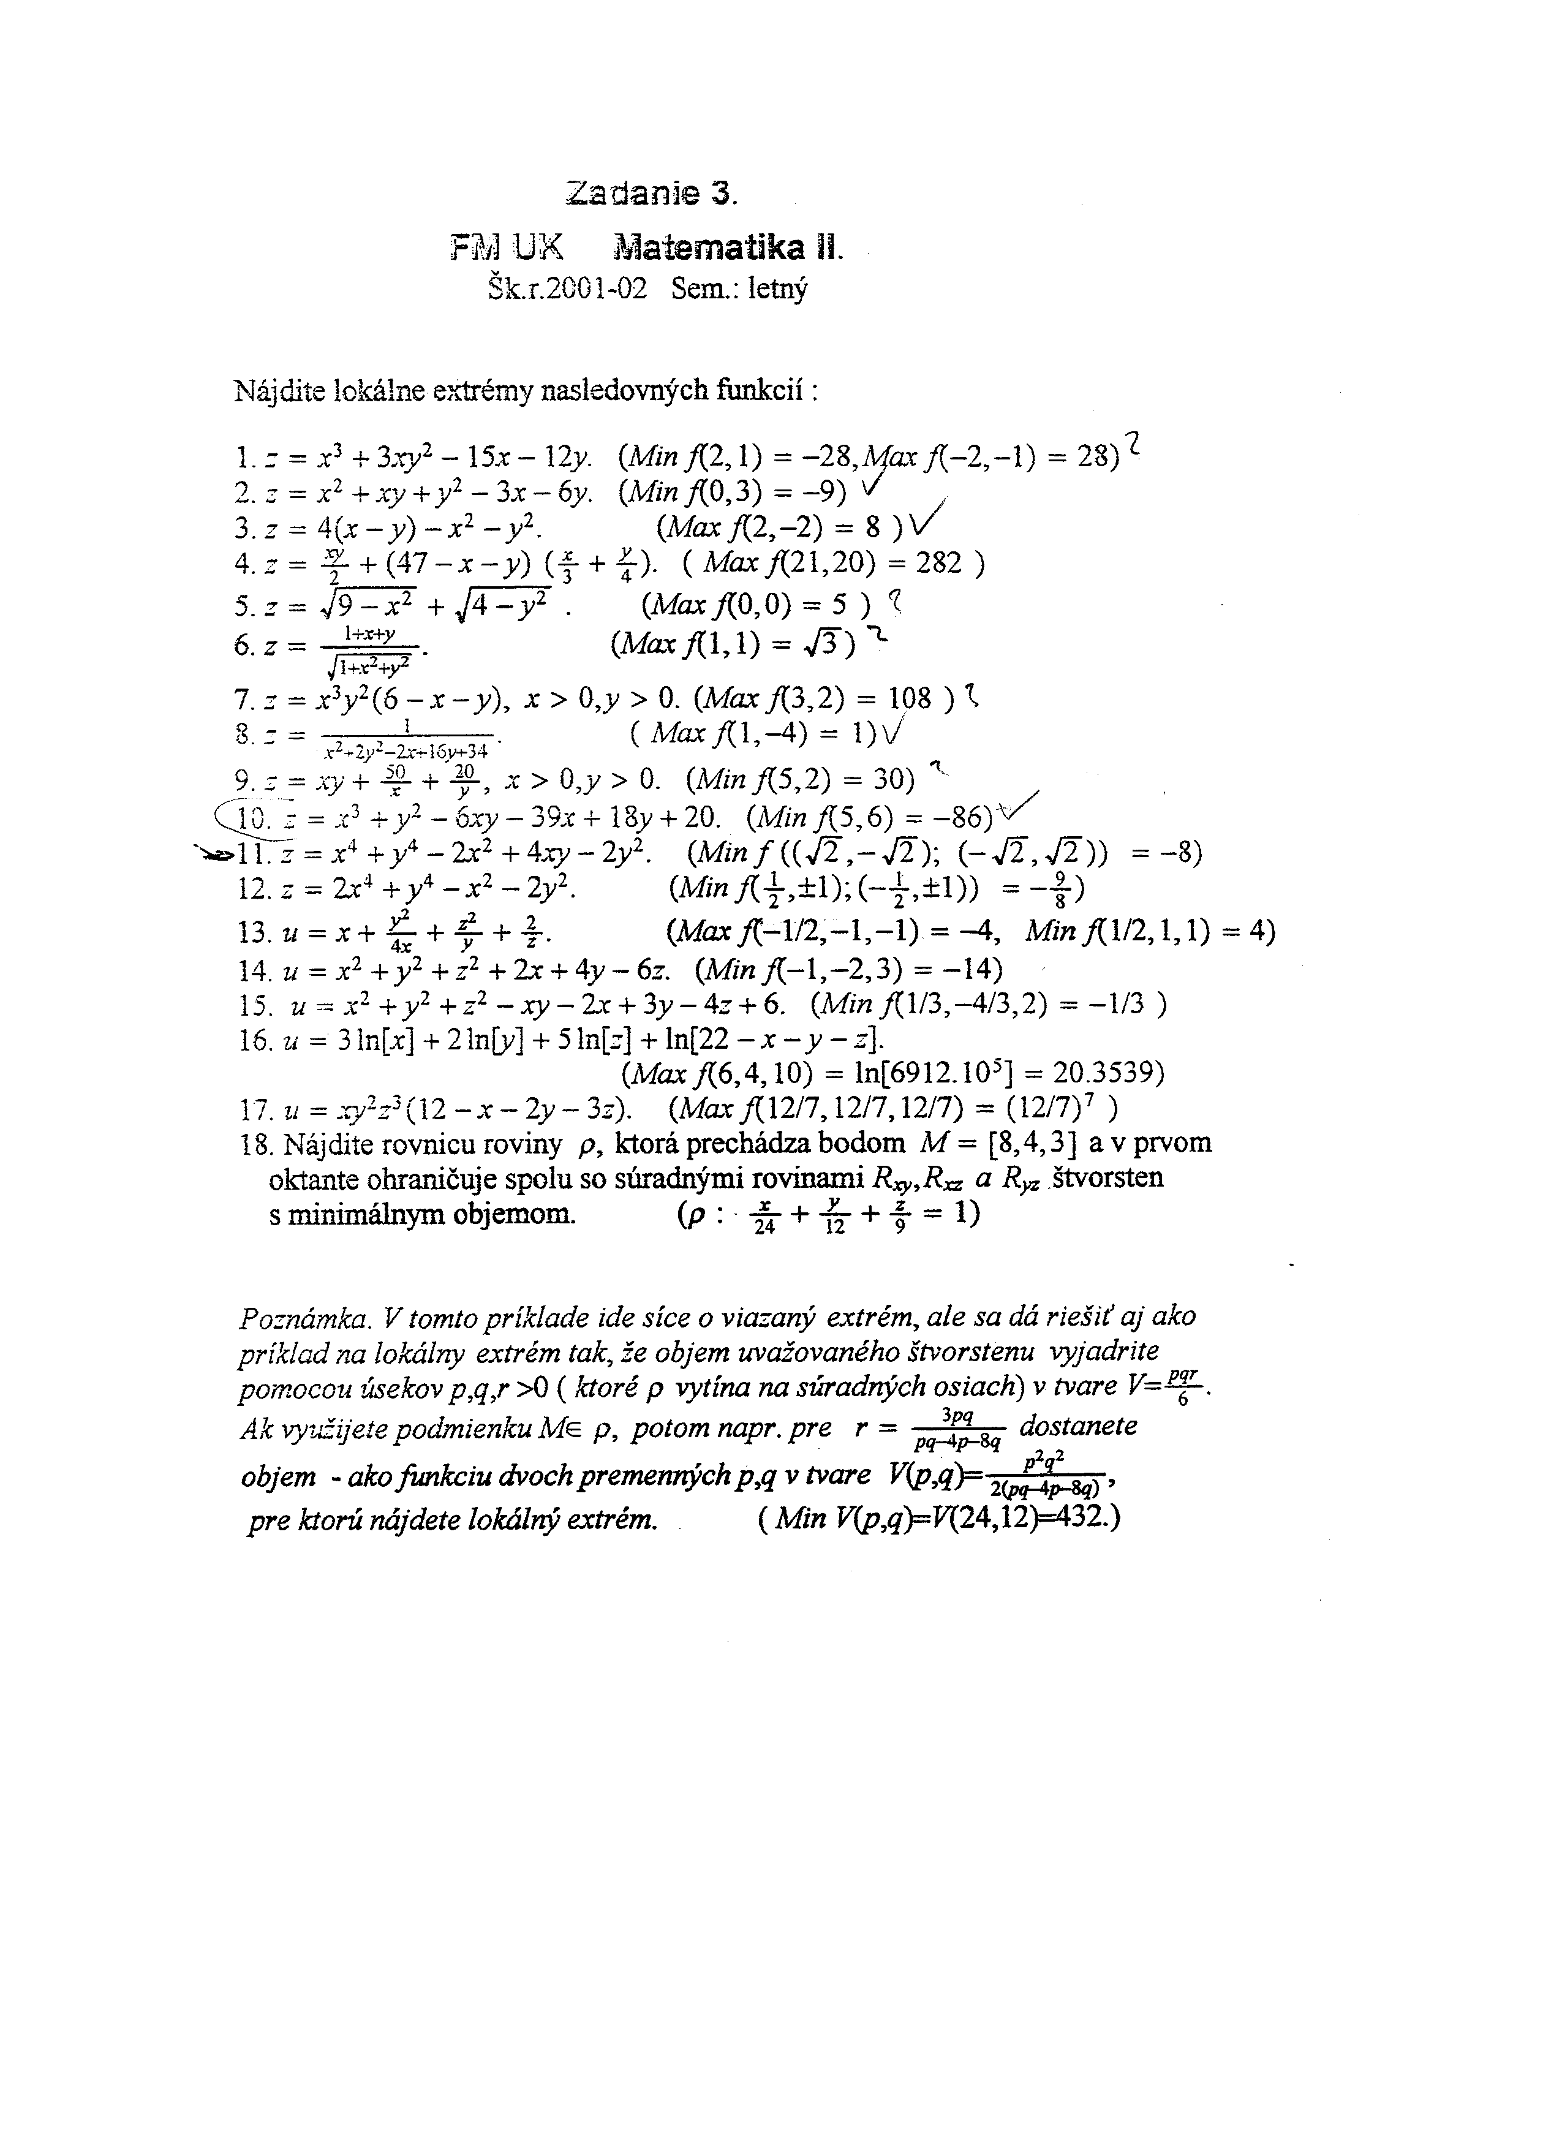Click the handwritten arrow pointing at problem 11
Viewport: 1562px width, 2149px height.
pos(214,854)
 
